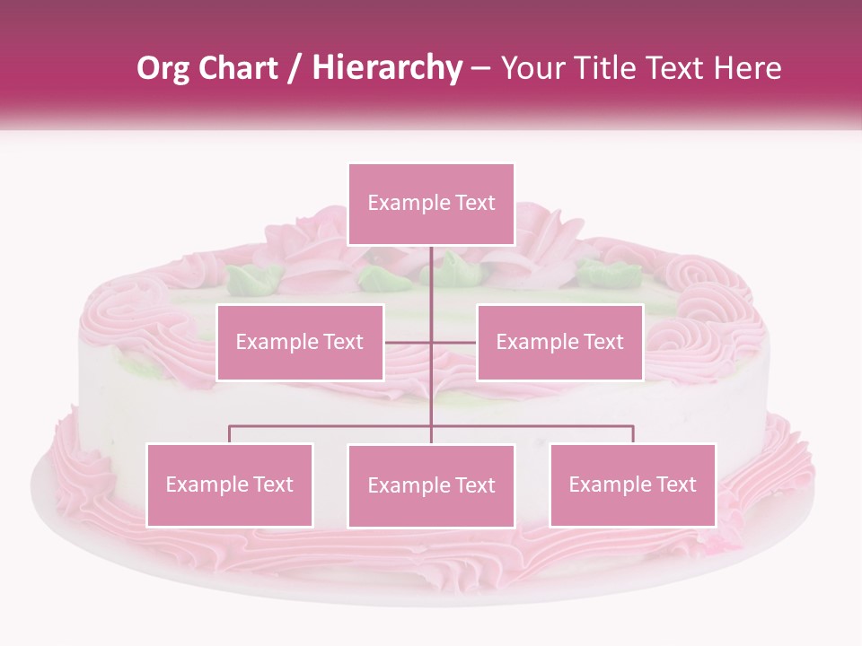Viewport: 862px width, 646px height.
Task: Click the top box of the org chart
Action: (x=431, y=204)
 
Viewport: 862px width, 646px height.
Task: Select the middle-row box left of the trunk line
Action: (x=300, y=342)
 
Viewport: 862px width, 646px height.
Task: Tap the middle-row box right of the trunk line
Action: (x=559, y=342)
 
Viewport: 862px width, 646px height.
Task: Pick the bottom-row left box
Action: (x=230, y=484)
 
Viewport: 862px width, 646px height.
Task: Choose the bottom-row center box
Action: (x=431, y=485)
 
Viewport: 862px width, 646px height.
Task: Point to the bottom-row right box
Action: (x=632, y=484)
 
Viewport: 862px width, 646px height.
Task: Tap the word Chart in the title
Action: (x=242, y=68)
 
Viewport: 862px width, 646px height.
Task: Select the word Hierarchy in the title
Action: (x=387, y=68)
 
